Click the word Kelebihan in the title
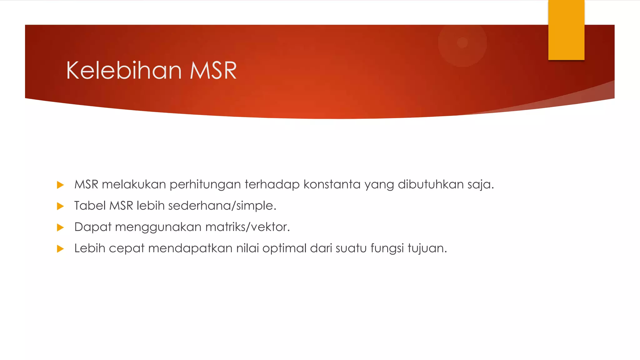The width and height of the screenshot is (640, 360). (x=124, y=71)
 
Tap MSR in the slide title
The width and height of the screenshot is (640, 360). (x=213, y=71)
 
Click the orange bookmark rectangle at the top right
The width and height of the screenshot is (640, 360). (x=566, y=30)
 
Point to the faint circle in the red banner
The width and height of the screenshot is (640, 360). (x=462, y=42)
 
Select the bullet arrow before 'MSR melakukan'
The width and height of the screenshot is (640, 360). (x=60, y=185)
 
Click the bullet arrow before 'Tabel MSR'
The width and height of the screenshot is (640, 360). (x=60, y=206)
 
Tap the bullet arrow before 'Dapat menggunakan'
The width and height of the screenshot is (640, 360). (x=60, y=227)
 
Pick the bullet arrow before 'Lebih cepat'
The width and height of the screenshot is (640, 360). (x=60, y=249)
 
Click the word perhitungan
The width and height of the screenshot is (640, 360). (x=205, y=185)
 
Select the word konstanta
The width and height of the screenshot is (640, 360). (x=332, y=184)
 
